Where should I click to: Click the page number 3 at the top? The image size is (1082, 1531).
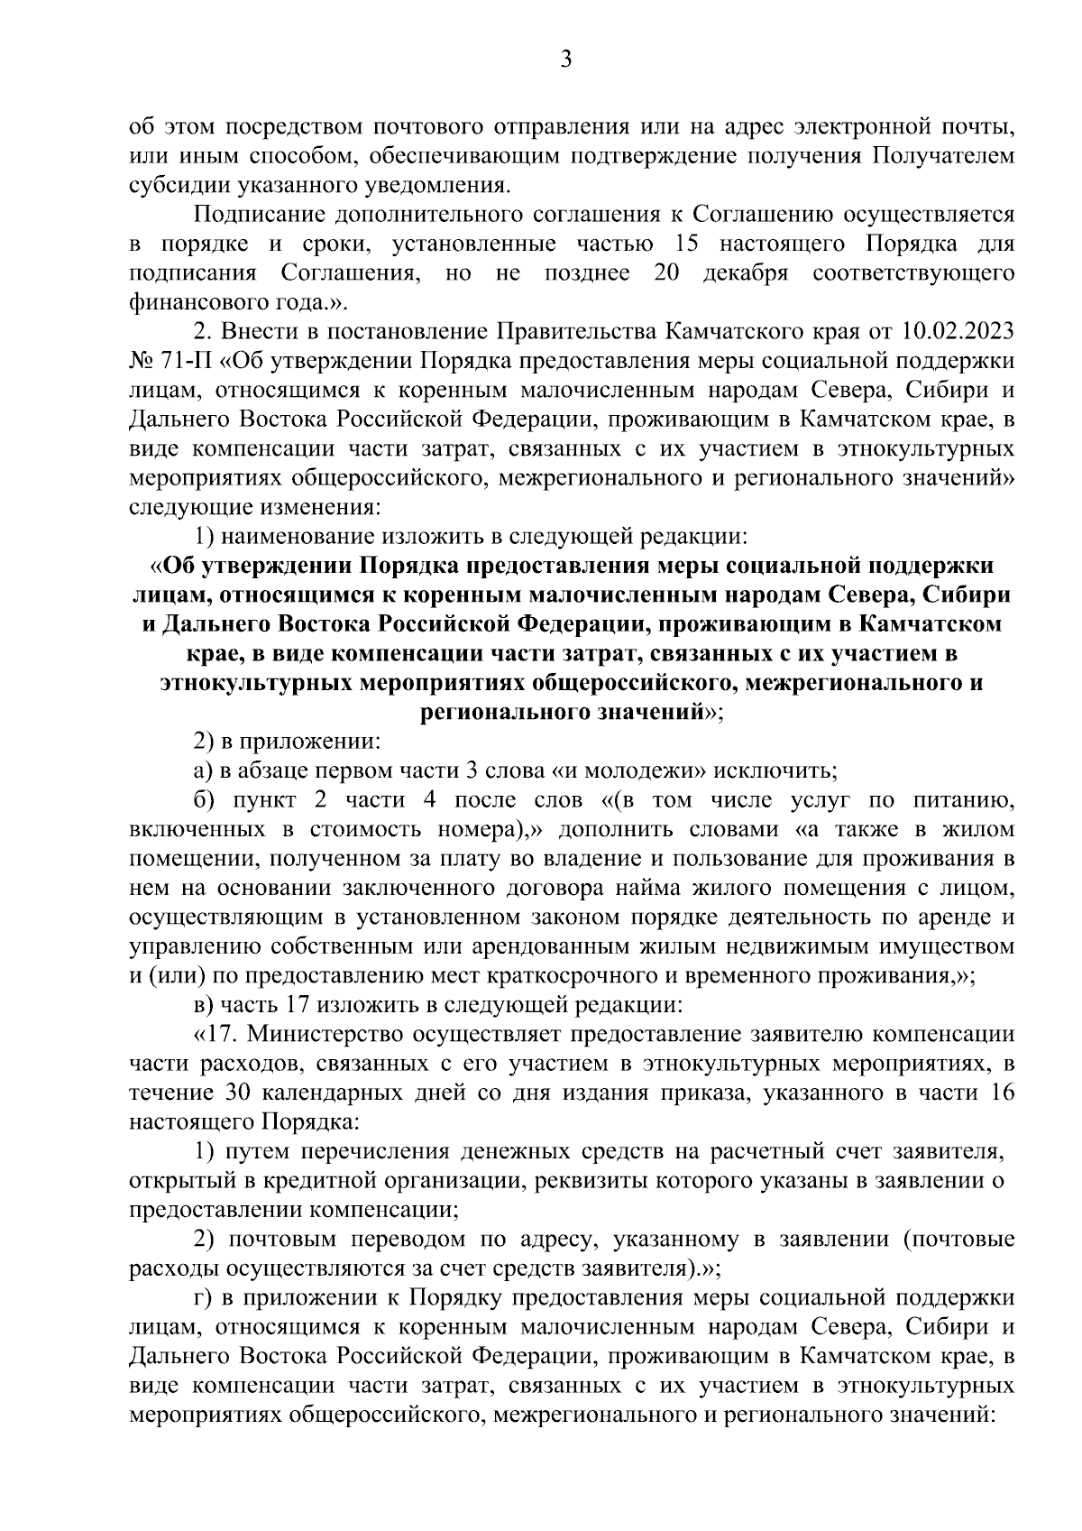[x=565, y=60]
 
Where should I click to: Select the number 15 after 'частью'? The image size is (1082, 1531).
[x=690, y=244]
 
